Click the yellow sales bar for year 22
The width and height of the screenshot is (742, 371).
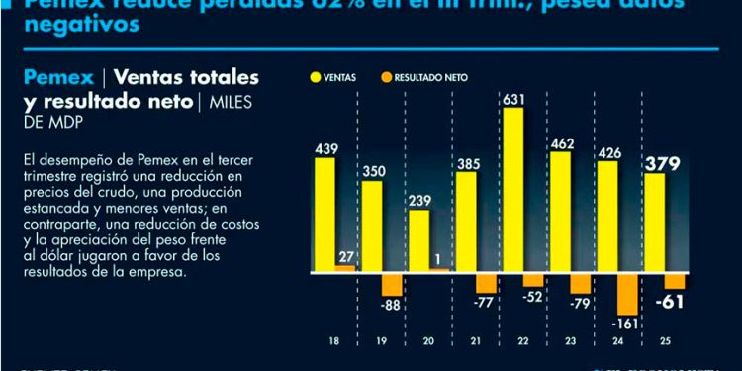click(513, 189)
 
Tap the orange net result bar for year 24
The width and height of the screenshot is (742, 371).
click(626, 293)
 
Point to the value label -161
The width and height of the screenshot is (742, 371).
click(627, 324)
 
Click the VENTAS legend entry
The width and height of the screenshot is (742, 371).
click(335, 76)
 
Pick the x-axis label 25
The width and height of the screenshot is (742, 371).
click(670, 341)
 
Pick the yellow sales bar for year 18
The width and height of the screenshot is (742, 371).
click(325, 213)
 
